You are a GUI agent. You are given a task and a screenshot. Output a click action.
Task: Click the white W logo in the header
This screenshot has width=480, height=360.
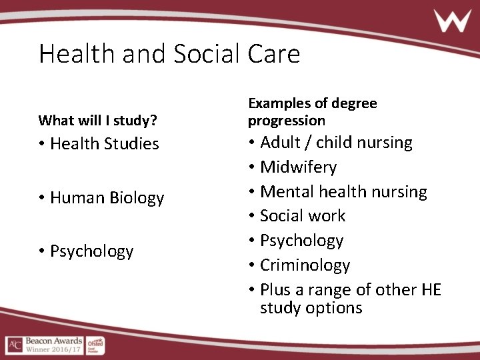coord(453,21)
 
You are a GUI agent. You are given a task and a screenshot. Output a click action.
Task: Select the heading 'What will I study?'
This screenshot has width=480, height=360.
coord(98,121)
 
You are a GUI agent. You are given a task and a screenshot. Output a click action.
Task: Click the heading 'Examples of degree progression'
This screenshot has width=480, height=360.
coord(312,112)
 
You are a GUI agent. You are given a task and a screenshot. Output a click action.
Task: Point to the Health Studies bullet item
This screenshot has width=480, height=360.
coord(104,143)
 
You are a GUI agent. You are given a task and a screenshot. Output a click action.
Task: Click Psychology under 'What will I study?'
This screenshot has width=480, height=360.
coord(91,251)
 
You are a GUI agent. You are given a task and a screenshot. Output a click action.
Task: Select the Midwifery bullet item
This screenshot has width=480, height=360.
coord(298,167)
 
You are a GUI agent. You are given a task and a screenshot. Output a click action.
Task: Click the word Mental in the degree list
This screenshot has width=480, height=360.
coord(283,191)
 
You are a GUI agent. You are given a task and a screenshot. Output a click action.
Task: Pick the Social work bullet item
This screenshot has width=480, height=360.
coord(302,216)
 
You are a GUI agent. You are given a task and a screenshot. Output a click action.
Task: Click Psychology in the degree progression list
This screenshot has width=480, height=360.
coord(301,241)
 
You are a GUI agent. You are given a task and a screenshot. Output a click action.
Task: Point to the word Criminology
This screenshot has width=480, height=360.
coord(305,265)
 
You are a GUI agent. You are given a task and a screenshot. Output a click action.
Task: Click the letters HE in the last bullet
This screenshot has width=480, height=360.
coord(431,290)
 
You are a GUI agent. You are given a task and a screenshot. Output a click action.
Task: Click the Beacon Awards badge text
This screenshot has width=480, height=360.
coord(54,345)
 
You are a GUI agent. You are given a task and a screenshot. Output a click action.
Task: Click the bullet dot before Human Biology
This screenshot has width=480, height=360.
coord(42,198)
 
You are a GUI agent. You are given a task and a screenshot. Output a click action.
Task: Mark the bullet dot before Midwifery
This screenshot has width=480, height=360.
coord(252,167)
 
